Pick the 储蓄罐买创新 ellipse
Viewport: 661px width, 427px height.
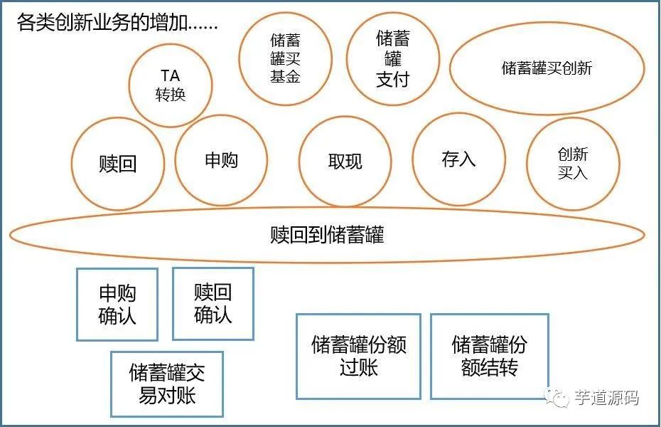(547, 69)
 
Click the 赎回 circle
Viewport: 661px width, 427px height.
(117, 164)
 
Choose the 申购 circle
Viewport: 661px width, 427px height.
(221, 161)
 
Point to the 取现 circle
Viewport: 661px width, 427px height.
(345, 162)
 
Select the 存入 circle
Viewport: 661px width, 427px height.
(458, 159)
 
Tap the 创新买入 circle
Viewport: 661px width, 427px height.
(573, 163)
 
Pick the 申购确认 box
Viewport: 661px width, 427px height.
(117, 304)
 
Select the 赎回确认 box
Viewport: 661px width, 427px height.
(213, 304)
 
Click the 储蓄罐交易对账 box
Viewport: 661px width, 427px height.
(167, 384)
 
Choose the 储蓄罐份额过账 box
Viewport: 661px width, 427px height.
(358, 356)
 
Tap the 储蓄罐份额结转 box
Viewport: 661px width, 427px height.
(490, 356)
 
